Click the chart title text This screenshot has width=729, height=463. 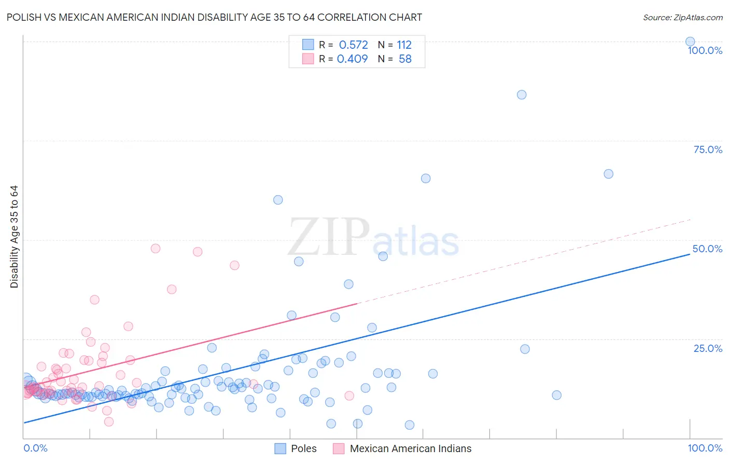click(215, 17)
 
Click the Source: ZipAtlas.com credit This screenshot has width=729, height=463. click(682, 17)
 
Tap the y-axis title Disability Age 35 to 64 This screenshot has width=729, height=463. click(14, 237)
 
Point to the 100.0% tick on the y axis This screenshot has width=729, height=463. click(705, 50)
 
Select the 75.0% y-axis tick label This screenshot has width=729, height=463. click(708, 149)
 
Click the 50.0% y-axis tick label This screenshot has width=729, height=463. click(707, 249)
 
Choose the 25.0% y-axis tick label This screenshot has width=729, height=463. click(708, 348)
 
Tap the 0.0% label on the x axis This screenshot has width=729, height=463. click(35, 448)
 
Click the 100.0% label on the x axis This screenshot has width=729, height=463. click(705, 448)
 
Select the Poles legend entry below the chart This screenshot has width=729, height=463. click(303, 448)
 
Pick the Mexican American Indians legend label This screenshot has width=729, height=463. click(410, 448)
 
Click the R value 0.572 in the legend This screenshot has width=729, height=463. click(353, 45)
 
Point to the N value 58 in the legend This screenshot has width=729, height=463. click(405, 59)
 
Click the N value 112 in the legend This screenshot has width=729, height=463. click(404, 45)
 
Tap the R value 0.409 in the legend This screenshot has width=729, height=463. click(352, 59)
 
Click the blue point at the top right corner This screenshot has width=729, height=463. click(690, 42)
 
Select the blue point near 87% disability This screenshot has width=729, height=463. click(522, 94)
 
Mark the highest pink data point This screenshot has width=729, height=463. click(156, 248)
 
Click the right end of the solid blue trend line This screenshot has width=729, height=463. click(690, 254)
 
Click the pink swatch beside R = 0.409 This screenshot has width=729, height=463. click(308, 59)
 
